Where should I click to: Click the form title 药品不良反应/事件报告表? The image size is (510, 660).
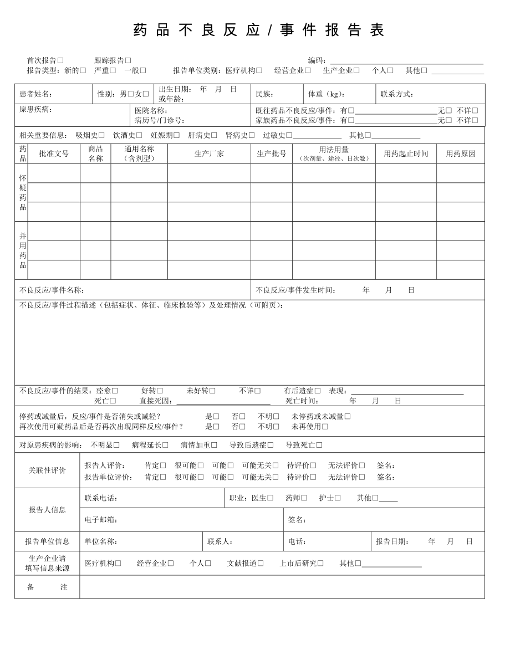tap(259, 30)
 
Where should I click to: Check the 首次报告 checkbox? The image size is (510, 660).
tap(60, 60)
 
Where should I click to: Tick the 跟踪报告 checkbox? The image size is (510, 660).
tap(128, 60)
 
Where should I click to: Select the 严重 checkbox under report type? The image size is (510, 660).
tap(113, 70)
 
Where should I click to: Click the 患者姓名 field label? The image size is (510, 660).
tap(35, 94)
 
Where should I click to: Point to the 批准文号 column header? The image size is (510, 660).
tap(54, 154)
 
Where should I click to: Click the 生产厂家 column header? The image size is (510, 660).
tap(209, 154)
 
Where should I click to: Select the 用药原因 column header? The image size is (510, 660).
tap(461, 154)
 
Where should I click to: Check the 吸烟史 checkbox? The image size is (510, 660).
tap(101, 135)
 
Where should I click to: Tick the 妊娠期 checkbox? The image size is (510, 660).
tap(176, 135)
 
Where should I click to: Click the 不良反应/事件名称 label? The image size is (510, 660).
tap(52, 290)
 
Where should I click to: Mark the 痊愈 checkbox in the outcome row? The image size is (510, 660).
tap(115, 391)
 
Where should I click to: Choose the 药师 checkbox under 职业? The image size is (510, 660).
tap(304, 498)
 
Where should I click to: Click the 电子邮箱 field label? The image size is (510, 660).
tap(101, 520)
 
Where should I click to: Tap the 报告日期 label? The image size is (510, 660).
tap(392, 541)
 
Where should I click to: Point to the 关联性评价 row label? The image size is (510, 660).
tap(47, 470)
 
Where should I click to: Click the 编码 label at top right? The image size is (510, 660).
tap(319, 60)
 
